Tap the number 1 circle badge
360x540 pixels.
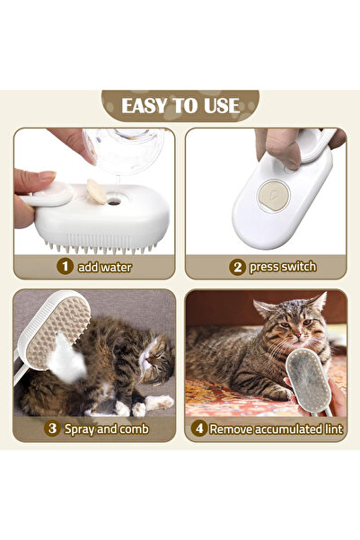(65, 266)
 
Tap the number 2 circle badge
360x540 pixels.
(237, 266)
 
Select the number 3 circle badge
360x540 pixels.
(52, 429)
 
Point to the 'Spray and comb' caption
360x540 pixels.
(106, 429)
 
